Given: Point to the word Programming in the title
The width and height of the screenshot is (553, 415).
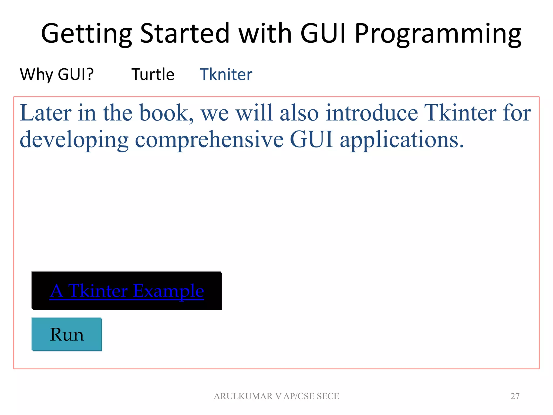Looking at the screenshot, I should [438, 34].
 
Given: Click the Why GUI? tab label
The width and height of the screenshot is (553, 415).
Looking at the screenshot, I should [57, 74].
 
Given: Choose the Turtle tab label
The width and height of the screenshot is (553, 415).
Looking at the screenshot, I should [153, 74].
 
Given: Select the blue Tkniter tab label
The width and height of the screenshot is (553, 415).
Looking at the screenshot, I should [226, 74].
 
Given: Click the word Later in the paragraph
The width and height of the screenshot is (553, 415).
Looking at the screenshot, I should [46, 113].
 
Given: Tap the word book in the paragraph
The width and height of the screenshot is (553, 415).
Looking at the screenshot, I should [166, 113].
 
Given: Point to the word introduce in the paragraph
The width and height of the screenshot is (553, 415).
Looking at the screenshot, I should [372, 113].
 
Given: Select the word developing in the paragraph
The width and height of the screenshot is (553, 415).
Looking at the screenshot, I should [74, 140].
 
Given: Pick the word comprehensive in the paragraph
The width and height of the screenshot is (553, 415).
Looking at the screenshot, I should [209, 140].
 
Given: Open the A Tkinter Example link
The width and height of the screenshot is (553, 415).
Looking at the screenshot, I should [127, 291].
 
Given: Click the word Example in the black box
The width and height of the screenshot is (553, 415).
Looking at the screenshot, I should [168, 291].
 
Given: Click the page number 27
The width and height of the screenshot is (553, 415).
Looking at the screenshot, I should [515, 396].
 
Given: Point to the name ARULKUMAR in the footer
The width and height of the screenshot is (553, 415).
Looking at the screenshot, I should [243, 396].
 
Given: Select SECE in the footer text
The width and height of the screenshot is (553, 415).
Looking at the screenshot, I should [328, 396].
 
